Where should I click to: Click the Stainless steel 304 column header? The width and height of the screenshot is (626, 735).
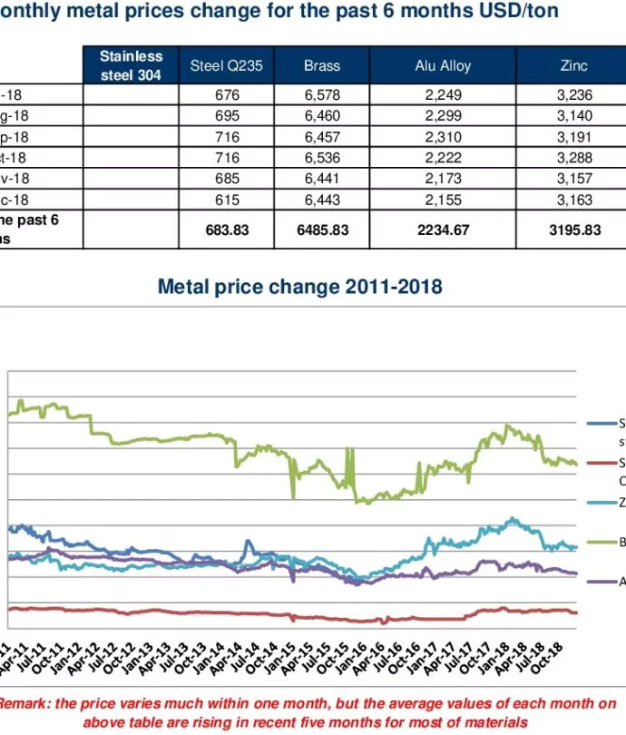[131, 65]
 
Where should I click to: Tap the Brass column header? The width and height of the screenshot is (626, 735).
[321, 65]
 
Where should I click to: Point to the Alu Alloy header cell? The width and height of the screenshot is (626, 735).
[443, 65]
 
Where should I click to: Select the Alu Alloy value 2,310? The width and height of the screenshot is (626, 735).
[443, 137]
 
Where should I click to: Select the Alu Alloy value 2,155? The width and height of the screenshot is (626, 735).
[443, 200]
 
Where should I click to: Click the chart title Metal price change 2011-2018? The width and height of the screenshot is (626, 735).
[299, 288]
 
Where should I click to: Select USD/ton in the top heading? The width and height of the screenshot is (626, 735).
[517, 12]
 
